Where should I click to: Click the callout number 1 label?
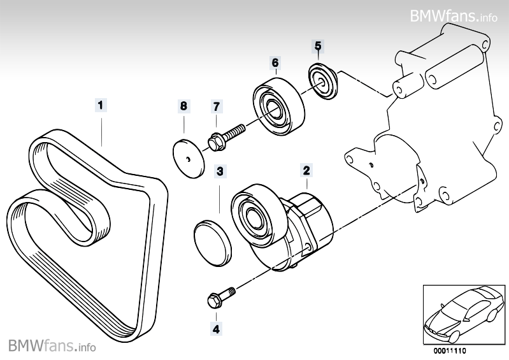click(101, 103)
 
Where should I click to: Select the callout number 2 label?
click(306, 170)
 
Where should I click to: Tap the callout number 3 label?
click(219, 171)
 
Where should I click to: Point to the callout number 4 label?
click(216, 329)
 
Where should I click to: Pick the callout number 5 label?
click(317, 45)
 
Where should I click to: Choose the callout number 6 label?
click(275, 62)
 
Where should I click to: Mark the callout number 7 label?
click(216, 105)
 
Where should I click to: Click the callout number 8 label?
click(183, 105)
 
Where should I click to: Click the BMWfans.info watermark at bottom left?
click(52, 346)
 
